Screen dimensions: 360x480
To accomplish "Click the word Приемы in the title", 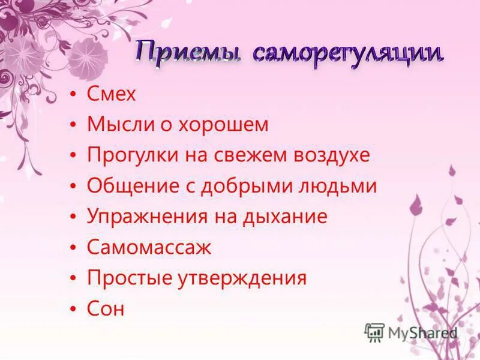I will pos(187,53).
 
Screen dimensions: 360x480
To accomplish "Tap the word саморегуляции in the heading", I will pos(348,53).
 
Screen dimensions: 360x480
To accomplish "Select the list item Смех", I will pos(112,94).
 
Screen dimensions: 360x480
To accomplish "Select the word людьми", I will pos(341,186).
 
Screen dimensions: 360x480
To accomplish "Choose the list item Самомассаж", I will pos(149,247).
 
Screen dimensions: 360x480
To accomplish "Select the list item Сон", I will pos(106,308).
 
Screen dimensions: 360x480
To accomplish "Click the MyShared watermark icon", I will pos(374,331).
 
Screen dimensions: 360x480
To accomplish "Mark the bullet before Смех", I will pos(73,95).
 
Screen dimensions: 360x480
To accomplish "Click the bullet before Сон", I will pos(73,309).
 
